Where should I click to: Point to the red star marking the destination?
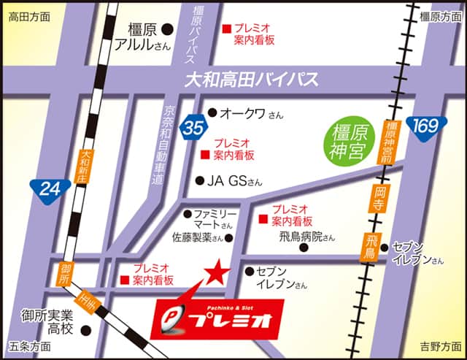tap(215, 275)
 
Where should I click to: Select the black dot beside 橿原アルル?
tap(167, 29)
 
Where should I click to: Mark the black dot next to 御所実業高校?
tap(85, 329)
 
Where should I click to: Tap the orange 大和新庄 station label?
tap(88, 169)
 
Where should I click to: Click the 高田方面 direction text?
tap(29, 15)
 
